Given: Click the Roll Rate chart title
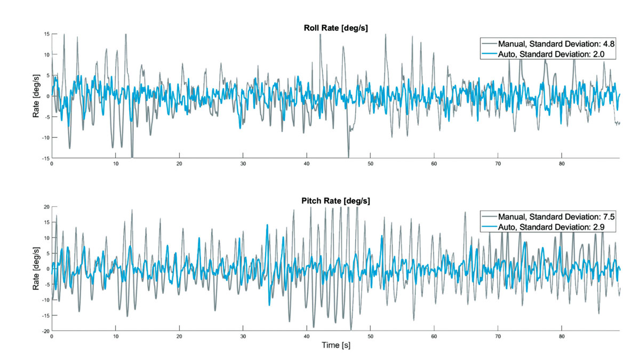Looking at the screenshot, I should coord(335,28).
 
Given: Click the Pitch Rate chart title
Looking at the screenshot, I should coord(335,201).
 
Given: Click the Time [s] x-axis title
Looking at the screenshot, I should coord(335,346).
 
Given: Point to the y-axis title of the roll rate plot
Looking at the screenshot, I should coord(36,96).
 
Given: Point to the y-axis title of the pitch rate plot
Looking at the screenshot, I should coord(36,268).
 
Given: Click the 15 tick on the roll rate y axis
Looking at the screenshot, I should coord(47,34).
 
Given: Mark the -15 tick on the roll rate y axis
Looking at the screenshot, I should coord(46,158).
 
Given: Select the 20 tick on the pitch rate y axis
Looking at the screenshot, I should coord(47,206).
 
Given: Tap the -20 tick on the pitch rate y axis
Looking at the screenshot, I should coord(46,330).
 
